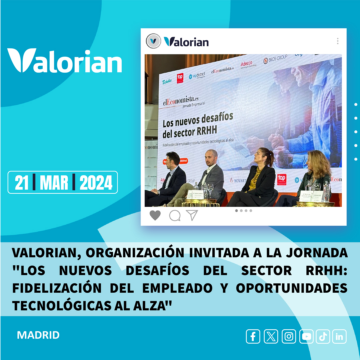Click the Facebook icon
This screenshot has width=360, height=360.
tap(253, 337)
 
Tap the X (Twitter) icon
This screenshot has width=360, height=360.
tap(271, 337)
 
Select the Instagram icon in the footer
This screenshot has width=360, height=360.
tap(289, 337)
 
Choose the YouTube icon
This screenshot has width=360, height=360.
tap(306, 337)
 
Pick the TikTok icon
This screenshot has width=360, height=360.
tap(323, 337)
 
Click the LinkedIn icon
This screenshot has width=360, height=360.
tap(339, 337)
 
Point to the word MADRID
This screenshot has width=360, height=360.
tap(38, 335)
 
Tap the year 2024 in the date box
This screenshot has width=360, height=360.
tap(96, 182)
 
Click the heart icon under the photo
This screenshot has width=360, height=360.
tap(155, 216)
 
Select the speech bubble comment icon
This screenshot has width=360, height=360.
tap(174, 216)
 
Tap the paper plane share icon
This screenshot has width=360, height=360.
tap(192, 215)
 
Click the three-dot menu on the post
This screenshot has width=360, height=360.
tap(337, 41)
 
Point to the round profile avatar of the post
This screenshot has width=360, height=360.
tap(153, 41)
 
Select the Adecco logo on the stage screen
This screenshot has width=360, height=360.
tap(247, 64)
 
